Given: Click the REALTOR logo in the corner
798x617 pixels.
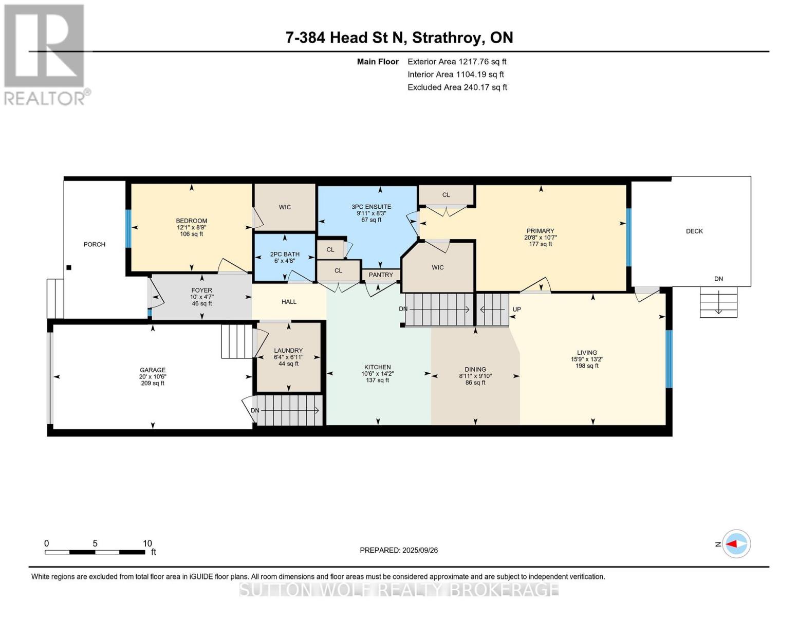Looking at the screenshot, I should pyautogui.click(x=45, y=54).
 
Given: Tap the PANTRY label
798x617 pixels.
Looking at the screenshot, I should pyautogui.click(x=381, y=275).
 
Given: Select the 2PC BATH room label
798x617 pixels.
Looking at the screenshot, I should pyautogui.click(x=285, y=254).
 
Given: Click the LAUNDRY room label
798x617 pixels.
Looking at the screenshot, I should pyautogui.click(x=288, y=351).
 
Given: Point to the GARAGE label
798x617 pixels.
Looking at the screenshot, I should pyautogui.click(x=153, y=370).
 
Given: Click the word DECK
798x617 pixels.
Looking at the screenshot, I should pyautogui.click(x=694, y=231).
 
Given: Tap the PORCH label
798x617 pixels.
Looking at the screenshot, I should pyautogui.click(x=95, y=244).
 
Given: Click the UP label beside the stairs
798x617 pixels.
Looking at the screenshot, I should pyautogui.click(x=517, y=309).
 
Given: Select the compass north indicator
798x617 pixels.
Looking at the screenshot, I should pyautogui.click(x=736, y=543).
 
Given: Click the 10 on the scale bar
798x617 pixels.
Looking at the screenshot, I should pyautogui.click(x=147, y=543).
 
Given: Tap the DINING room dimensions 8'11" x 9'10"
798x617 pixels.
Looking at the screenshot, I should pyautogui.click(x=475, y=376).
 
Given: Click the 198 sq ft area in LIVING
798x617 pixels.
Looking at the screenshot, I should pyautogui.click(x=587, y=366).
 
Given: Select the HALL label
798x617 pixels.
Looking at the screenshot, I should pyautogui.click(x=289, y=302).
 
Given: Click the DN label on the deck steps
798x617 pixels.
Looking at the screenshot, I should pyautogui.click(x=718, y=279).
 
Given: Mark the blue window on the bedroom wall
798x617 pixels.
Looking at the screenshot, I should pyautogui.click(x=128, y=228).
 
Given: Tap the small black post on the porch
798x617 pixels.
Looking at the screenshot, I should pyautogui.click(x=69, y=267).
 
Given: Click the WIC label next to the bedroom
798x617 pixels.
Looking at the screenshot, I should pyautogui.click(x=285, y=207).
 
